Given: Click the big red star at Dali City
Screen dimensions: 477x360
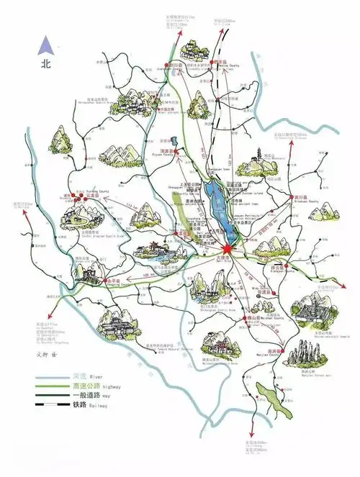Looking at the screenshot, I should tap(223, 249).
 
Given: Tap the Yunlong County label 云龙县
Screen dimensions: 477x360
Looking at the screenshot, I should tap(91, 194).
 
